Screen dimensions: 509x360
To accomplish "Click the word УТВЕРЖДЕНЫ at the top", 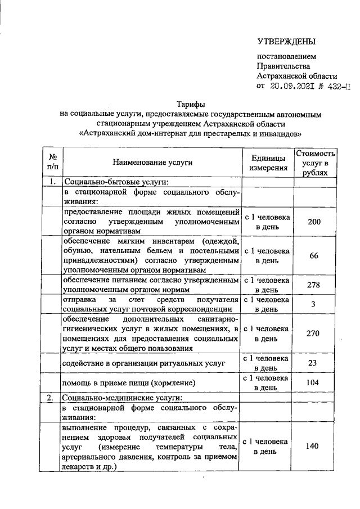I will [286, 41].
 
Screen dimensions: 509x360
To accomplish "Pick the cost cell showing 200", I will [314, 222].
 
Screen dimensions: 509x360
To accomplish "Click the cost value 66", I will [314, 256].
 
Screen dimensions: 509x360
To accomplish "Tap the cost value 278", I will [314, 285].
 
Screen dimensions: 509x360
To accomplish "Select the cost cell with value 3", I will [314, 304].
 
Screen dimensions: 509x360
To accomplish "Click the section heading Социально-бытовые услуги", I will [116, 182].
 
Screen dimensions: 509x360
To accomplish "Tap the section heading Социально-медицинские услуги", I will [125, 397].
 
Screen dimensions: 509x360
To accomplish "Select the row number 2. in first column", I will [51, 397].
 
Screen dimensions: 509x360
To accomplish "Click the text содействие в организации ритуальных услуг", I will [143, 363].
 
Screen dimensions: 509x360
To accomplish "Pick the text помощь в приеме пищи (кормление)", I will [129, 383].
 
